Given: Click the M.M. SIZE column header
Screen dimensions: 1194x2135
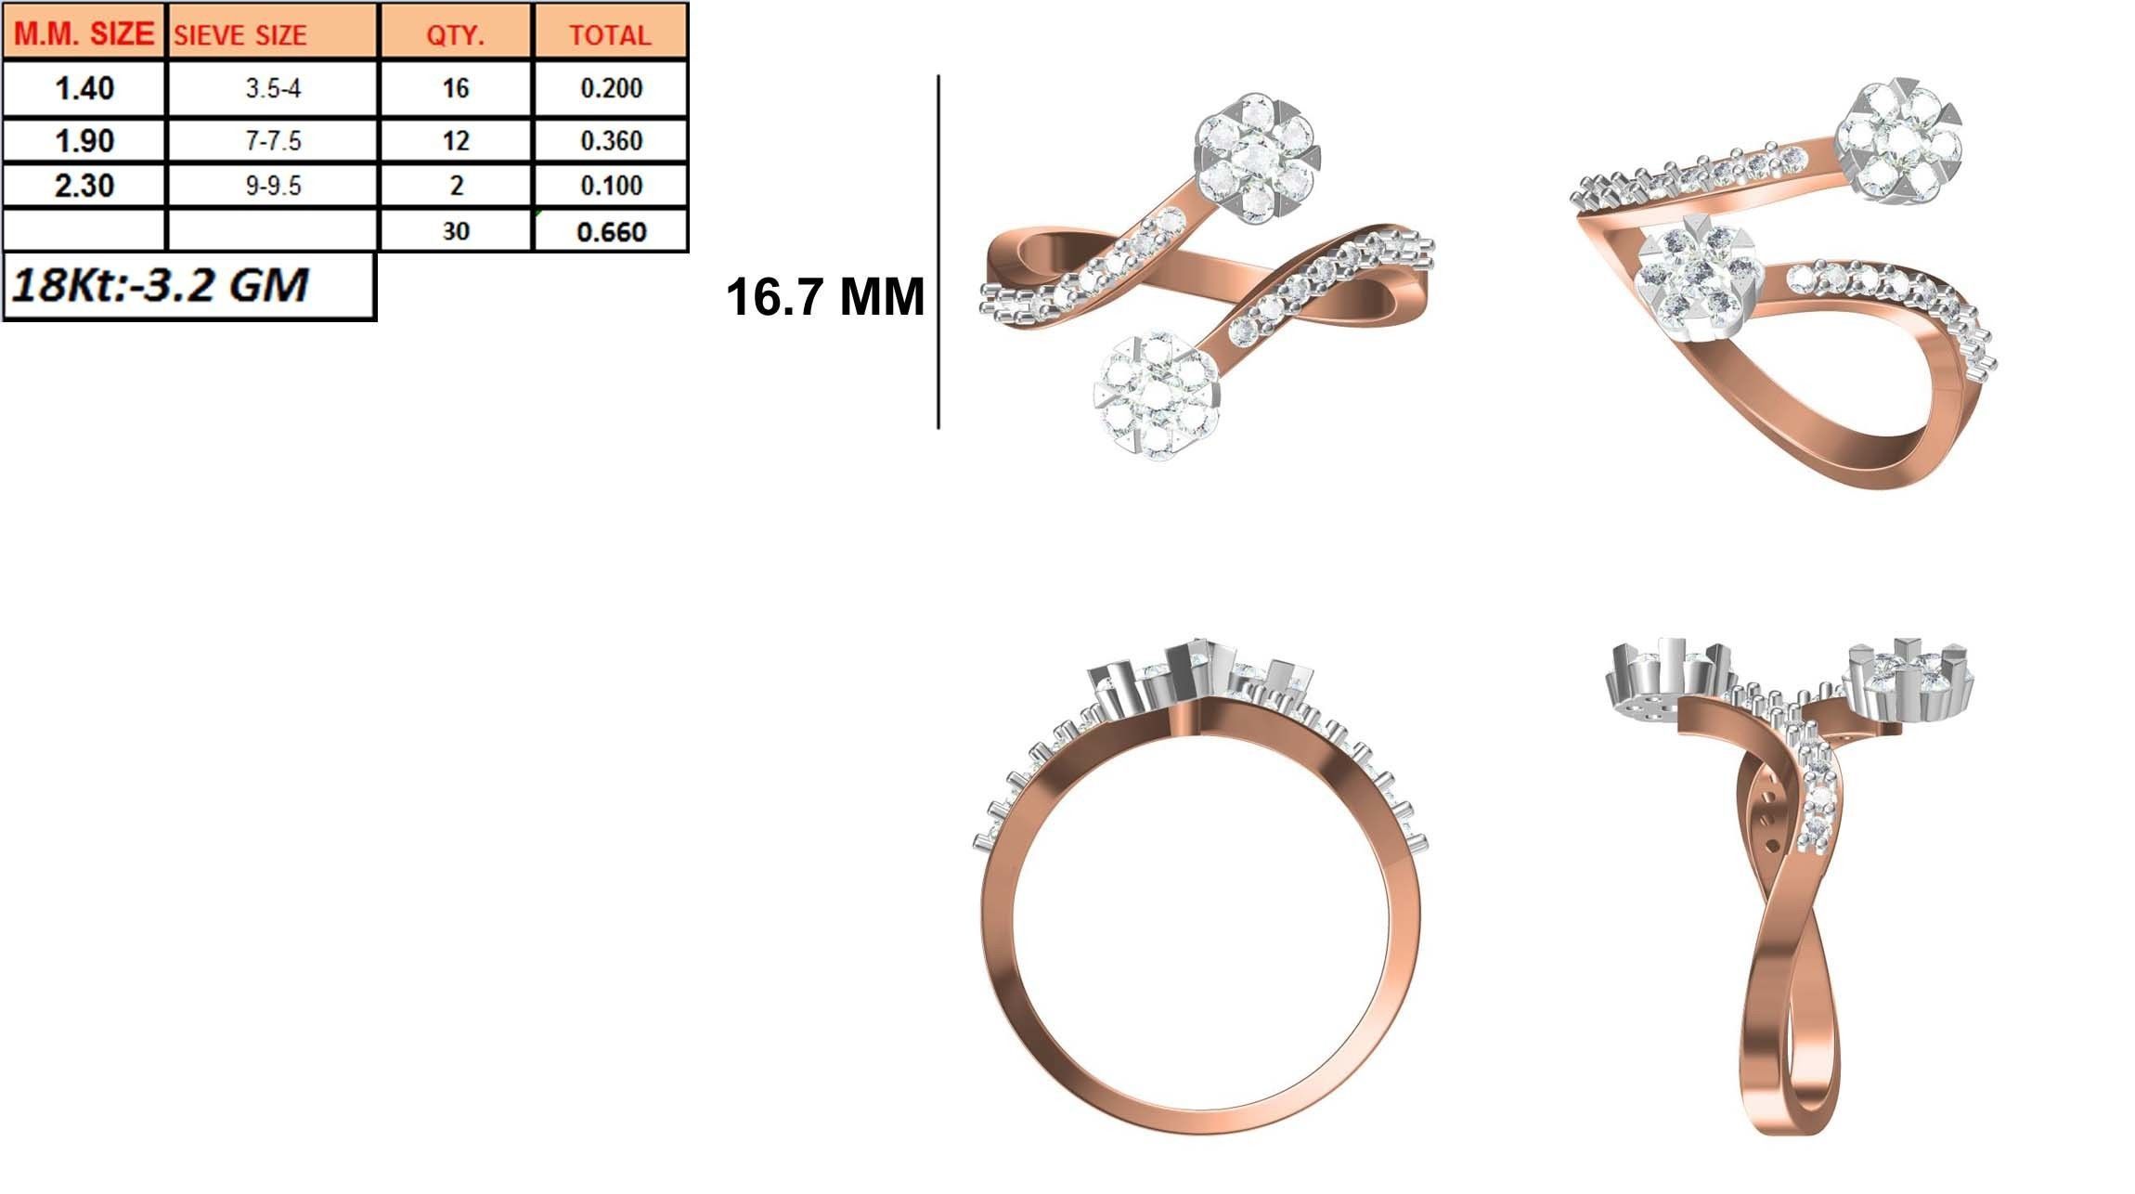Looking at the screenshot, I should (84, 33).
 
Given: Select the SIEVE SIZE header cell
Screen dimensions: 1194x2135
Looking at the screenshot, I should (240, 35).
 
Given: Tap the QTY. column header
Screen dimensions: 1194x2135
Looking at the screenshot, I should (455, 35).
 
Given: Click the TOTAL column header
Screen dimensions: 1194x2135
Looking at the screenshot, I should (610, 35).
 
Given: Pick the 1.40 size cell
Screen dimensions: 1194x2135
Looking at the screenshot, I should (84, 88).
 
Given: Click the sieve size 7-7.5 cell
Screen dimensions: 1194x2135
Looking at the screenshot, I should (273, 141).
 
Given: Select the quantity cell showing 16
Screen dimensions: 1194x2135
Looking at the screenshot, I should (456, 88).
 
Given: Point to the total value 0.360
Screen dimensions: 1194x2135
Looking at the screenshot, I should (611, 141).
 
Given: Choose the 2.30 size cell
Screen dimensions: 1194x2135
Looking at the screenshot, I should (84, 186).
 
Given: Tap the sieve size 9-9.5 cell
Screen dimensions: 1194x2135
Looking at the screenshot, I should (273, 186).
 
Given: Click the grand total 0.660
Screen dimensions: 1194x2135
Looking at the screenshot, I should (611, 231).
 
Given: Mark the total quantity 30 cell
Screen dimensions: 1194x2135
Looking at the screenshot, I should (456, 231).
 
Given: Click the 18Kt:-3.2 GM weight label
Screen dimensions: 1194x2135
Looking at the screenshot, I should (160, 285).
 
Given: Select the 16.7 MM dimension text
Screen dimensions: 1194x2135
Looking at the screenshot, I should (824, 297).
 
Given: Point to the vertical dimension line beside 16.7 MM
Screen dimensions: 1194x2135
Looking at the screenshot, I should (938, 251).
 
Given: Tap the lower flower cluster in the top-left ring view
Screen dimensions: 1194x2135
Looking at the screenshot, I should (1156, 396).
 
